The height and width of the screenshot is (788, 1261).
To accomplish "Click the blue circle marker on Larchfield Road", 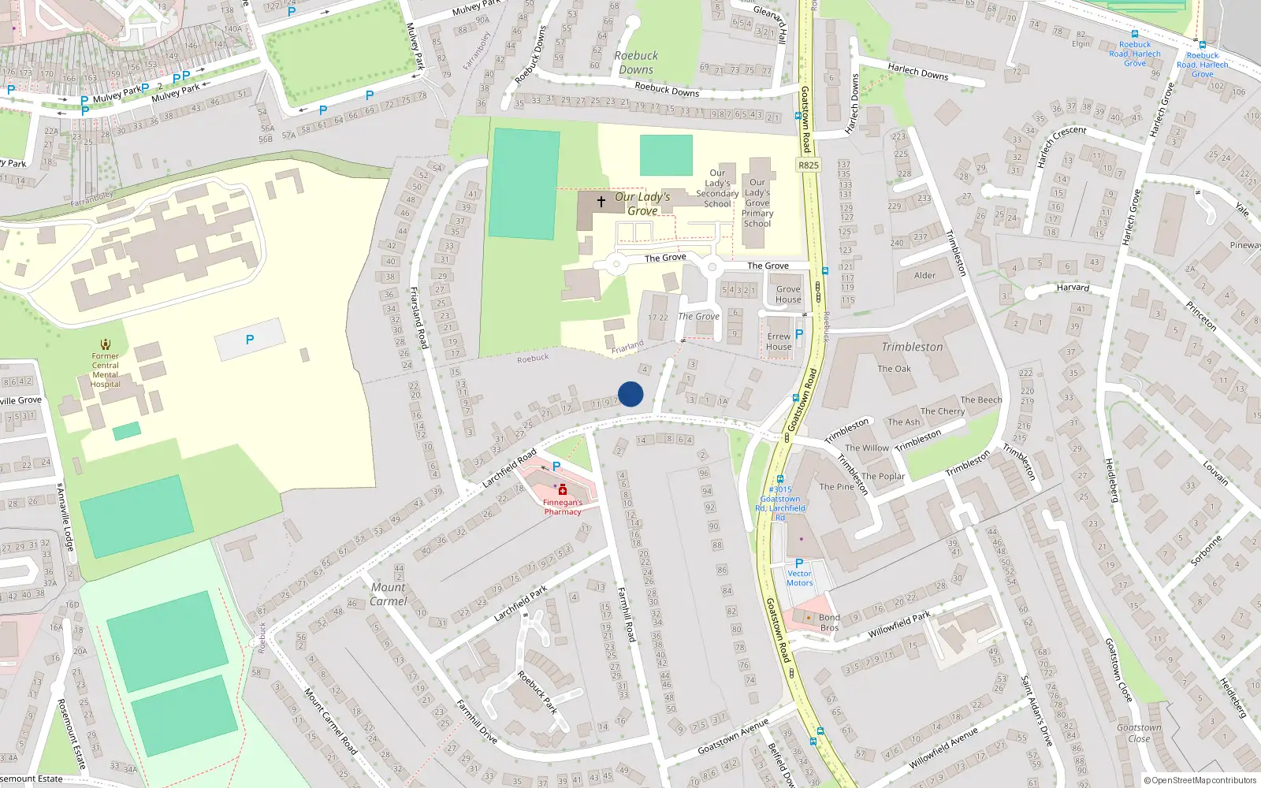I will pyautogui.click(x=630, y=394).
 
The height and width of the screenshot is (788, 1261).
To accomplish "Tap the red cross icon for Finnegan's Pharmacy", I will pyautogui.click(x=563, y=490).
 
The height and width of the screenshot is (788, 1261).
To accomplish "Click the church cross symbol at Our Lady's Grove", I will pyautogui.click(x=601, y=202).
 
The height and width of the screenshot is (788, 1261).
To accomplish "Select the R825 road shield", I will pyautogui.click(x=809, y=165).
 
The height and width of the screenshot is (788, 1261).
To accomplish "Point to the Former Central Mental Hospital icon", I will pyautogui.click(x=106, y=344).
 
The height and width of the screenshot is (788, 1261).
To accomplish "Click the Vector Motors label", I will pyautogui.click(x=799, y=578).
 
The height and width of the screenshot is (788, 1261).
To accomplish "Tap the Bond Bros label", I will pyautogui.click(x=829, y=623).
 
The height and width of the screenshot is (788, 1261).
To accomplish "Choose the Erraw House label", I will pyautogui.click(x=779, y=341).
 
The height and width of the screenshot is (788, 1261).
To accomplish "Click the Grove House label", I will pyautogui.click(x=788, y=294).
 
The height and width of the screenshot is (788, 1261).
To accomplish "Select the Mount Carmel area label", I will pyautogui.click(x=389, y=594).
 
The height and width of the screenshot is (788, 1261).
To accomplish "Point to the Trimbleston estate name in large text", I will pyautogui.click(x=912, y=347).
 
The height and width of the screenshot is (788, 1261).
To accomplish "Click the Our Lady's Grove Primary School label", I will pyautogui.click(x=757, y=203).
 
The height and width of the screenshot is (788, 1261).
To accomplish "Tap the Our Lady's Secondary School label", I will pyautogui.click(x=717, y=188).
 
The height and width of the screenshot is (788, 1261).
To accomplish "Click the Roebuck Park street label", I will pyautogui.click(x=538, y=692).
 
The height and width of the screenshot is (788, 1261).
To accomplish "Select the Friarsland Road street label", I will pyautogui.click(x=418, y=318).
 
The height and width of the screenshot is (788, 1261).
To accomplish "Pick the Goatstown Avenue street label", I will pyautogui.click(x=733, y=737).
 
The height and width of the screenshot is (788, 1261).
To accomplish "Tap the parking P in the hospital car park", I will pyautogui.click(x=250, y=340).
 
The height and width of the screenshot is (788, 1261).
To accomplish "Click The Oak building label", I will pyautogui.click(x=895, y=369).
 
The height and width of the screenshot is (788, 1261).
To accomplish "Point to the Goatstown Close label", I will pyautogui.click(x=1139, y=733).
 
